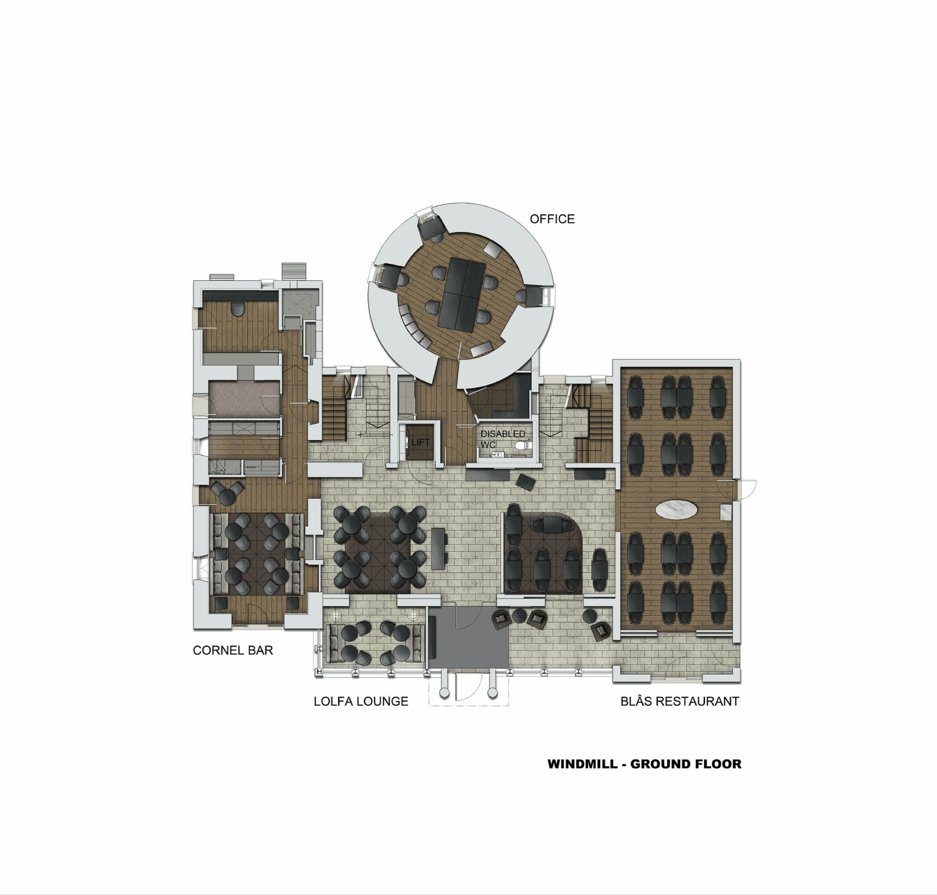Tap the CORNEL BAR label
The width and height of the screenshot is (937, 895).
[233, 650]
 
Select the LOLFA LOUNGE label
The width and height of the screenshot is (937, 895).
[361, 701]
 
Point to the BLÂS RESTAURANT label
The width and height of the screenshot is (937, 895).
[679, 701]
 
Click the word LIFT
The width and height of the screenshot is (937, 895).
[420, 442]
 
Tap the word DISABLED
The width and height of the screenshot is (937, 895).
[502, 434]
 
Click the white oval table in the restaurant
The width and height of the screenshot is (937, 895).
[676, 509]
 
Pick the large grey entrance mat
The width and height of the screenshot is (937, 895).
[469, 638]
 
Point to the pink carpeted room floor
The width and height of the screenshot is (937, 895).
[244, 398]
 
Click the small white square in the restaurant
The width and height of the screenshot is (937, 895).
[725, 512]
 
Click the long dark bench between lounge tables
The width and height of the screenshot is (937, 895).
[438, 548]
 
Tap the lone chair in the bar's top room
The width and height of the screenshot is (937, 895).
[237, 309]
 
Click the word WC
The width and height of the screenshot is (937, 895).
[488, 445]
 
